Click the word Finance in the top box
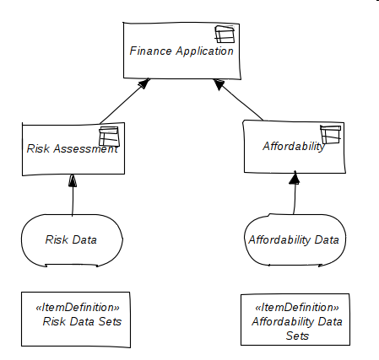(150, 51)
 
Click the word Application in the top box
(205, 51)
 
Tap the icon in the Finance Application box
(225, 34)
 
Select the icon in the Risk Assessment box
(109, 137)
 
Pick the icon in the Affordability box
(331, 134)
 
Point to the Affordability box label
(294, 146)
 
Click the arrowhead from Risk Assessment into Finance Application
(144, 83)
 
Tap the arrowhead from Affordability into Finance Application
(219, 84)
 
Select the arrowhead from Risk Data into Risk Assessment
(73, 180)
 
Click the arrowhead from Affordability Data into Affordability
(295, 177)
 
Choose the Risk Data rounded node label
(71, 239)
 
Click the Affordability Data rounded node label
(294, 240)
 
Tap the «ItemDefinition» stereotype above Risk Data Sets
(78, 307)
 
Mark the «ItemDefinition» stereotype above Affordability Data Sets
(297, 307)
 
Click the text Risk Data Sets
(82, 321)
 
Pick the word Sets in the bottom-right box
(297, 336)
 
